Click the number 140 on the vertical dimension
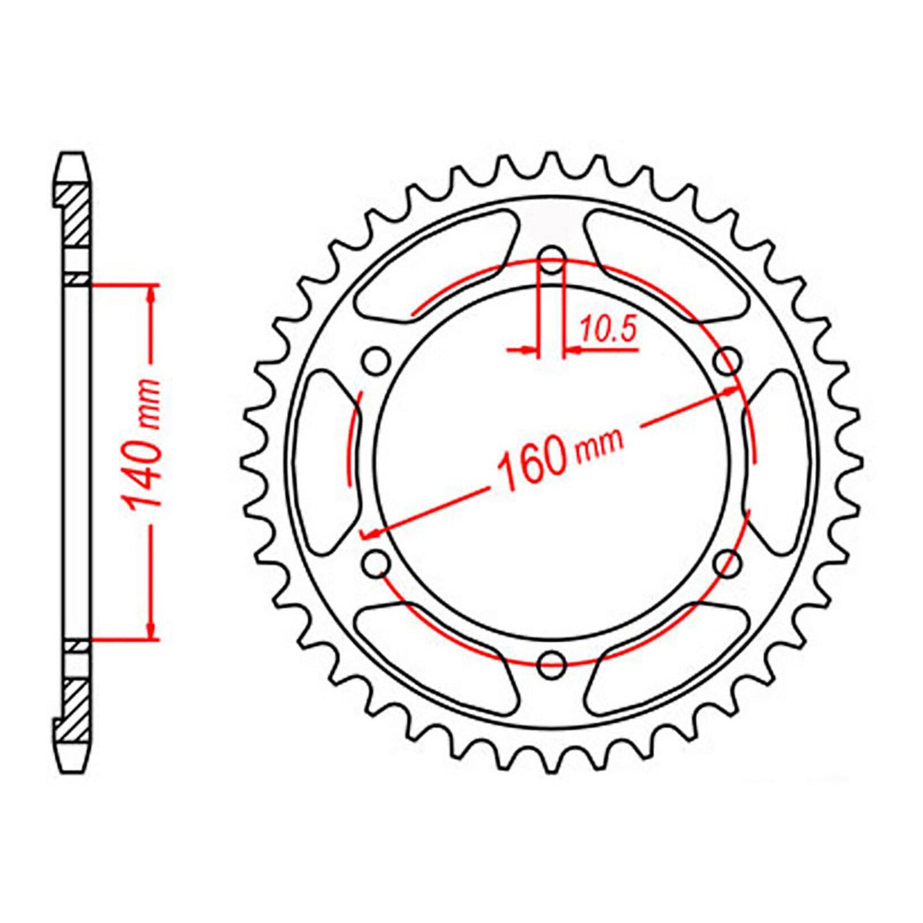click(x=144, y=473)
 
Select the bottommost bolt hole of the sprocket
click(x=552, y=664)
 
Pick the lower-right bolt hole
click(x=728, y=563)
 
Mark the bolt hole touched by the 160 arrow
click(x=728, y=362)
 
